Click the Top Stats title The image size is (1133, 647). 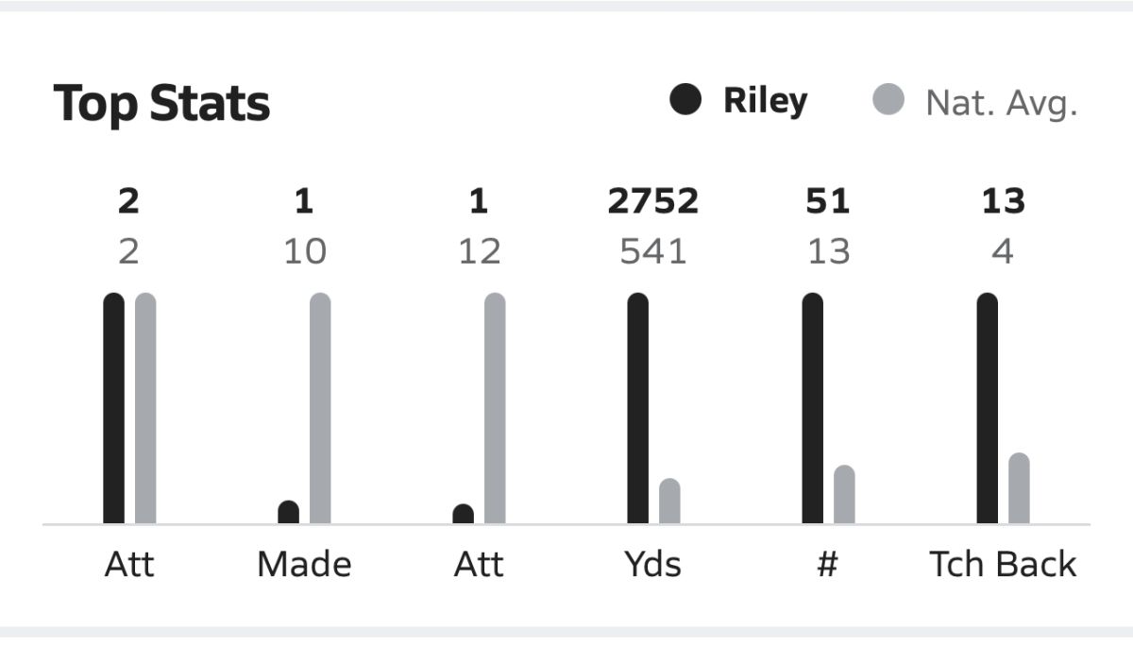click(x=161, y=104)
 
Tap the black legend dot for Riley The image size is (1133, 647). click(x=685, y=99)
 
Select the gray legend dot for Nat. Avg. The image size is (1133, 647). click(x=888, y=99)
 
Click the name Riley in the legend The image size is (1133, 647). click(x=765, y=100)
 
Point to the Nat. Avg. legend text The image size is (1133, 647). click(x=1001, y=102)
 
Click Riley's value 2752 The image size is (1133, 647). click(x=652, y=201)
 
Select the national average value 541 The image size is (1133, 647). click(x=652, y=251)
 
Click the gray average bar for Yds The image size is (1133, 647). click(x=669, y=502)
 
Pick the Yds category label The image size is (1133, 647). click(x=652, y=564)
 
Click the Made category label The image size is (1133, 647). click(x=304, y=564)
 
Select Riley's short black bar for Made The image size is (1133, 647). click(x=289, y=512)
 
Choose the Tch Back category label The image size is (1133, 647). click(x=1003, y=564)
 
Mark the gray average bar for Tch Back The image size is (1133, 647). click(x=1019, y=488)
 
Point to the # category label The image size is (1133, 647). click(x=827, y=564)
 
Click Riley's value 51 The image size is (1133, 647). click(x=828, y=201)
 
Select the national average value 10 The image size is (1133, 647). click(x=304, y=251)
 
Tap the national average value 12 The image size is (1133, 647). click(x=479, y=251)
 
